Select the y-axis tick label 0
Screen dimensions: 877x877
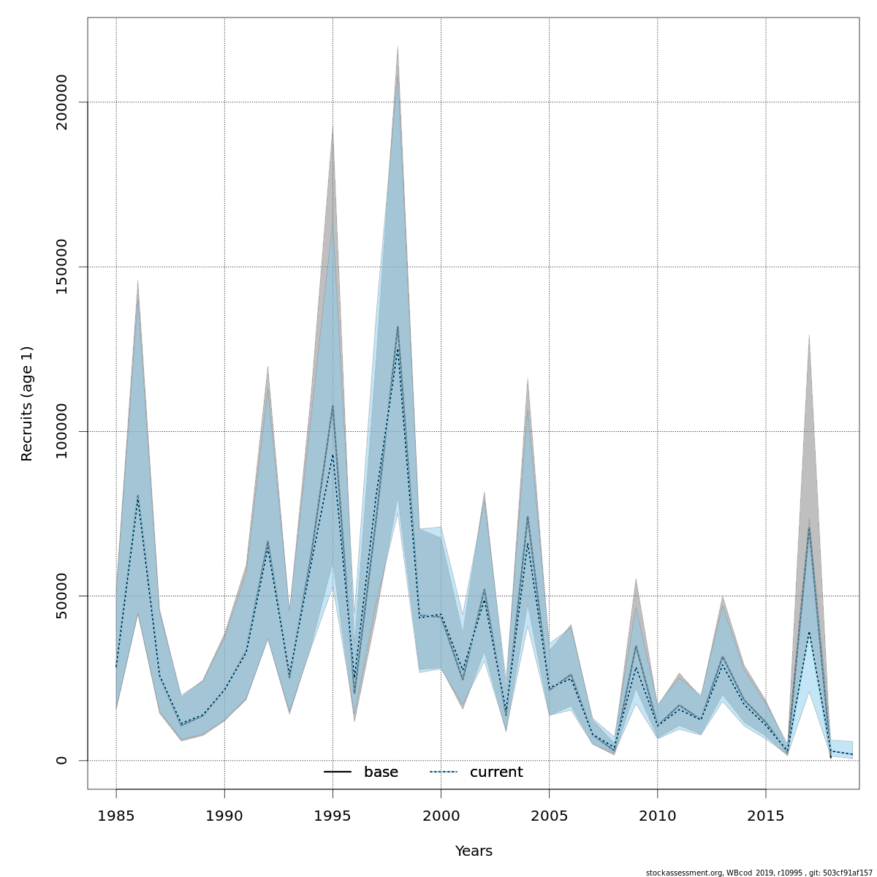pyautogui.click(x=61, y=760)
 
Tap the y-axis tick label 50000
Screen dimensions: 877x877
pyautogui.click(x=61, y=596)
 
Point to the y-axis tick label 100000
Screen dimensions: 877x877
pyautogui.click(x=61, y=431)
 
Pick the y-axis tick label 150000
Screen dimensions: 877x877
pyautogui.click(x=61, y=267)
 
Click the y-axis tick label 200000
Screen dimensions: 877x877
pyautogui.click(x=61, y=102)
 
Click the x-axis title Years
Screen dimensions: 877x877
pyautogui.click(x=474, y=851)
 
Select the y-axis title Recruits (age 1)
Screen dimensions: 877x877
pyautogui.click(x=27, y=403)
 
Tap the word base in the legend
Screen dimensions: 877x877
pyautogui.click(x=381, y=772)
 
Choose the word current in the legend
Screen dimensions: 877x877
pyautogui.click(x=496, y=772)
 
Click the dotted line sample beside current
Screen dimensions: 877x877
pyautogui.click(x=443, y=772)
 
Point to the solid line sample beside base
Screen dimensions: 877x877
pyautogui.click(x=338, y=772)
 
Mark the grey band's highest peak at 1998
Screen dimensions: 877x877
pyautogui.click(x=398, y=48)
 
